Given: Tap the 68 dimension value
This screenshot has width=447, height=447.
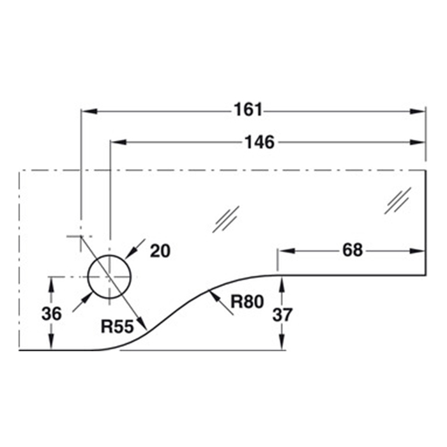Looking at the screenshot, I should click(351, 250).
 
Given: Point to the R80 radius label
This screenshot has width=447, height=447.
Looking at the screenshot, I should click(247, 302).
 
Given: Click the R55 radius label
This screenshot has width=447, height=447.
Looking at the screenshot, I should click(116, 328).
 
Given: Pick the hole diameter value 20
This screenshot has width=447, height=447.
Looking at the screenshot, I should click(160, 251).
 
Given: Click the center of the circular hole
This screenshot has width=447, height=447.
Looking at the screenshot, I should click(110, 277).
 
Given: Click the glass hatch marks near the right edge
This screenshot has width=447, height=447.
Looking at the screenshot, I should click(397, 201).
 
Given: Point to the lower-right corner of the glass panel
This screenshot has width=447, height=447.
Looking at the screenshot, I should click(425, 275).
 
